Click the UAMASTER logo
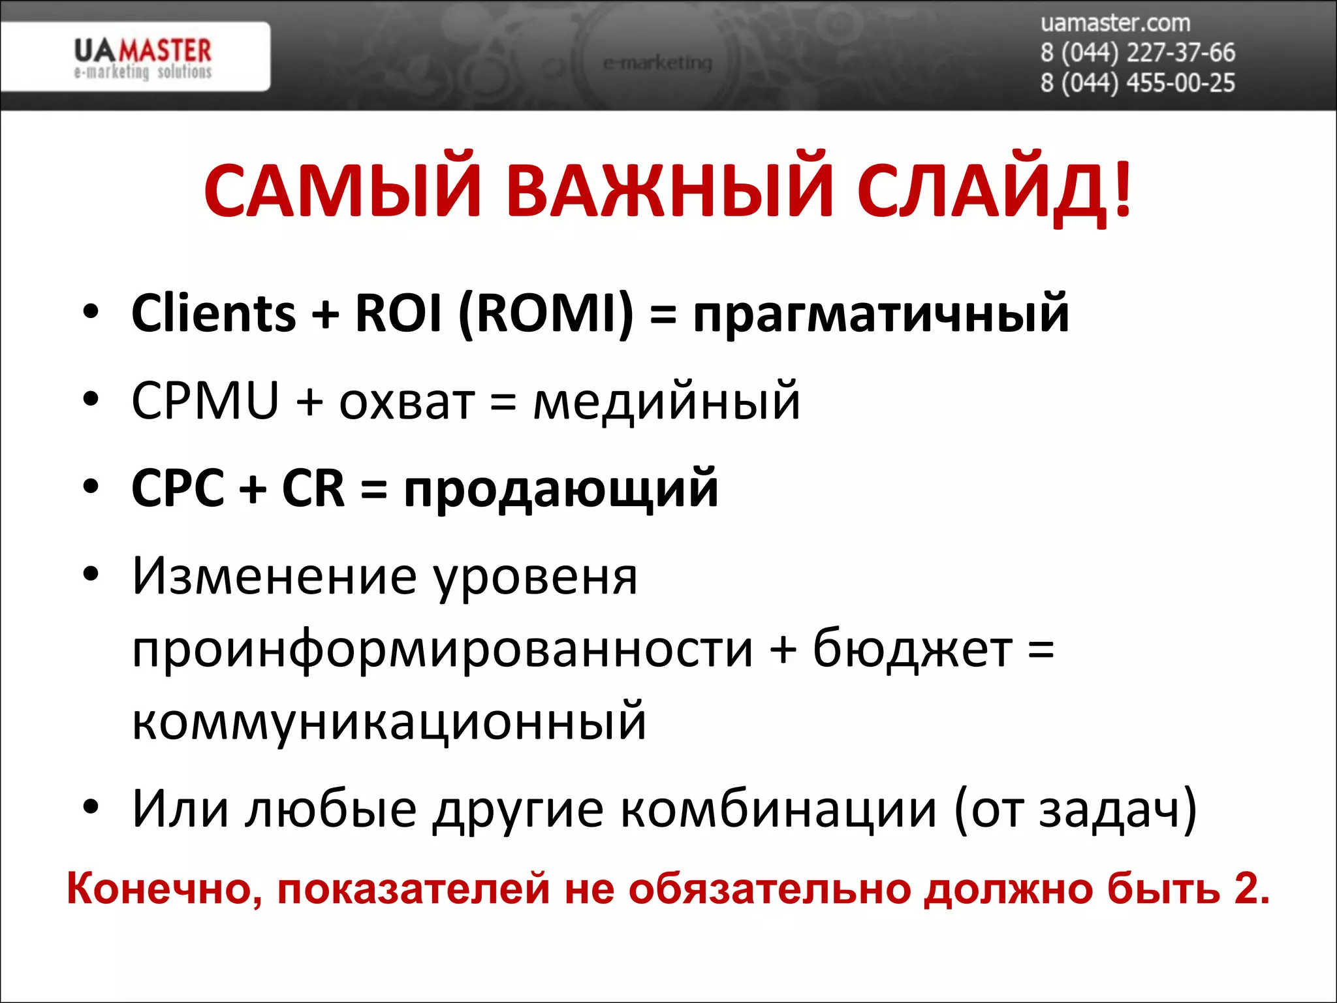(142, 57)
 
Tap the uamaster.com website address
(1115, 23)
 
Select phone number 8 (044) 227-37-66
(1137, 53)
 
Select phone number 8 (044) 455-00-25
(1137, 84)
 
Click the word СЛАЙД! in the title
(994, 191)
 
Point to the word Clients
(213, 313)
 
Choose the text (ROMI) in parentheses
(546, 313)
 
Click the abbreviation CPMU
(204, 400)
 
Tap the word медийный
(667, 402)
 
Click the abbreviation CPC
(178, 488)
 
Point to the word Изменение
(274, 576)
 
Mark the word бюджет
(912, 650)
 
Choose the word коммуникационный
(389, 722)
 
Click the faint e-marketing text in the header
(657, 63)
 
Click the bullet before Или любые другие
(91, 808)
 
